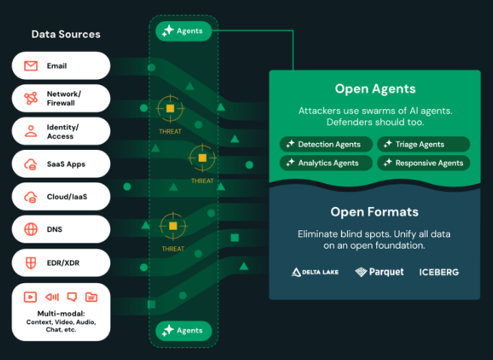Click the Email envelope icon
[31, 66]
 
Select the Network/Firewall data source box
[61, 98]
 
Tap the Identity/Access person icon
[31, 132]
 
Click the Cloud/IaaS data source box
[61, 197]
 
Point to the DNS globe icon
[31, 230]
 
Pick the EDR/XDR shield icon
[31, 263]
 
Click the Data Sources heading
[65, 34]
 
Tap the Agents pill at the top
[184, 31]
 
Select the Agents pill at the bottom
[184, 331]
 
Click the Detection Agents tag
[324, 144]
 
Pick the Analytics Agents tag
[324, 163]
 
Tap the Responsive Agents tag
[424, 163]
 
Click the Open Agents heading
[375, 89]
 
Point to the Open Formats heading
[375, 212]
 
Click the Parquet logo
[379, 272]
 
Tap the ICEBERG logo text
[439, 272]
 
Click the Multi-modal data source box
[61, 312]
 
